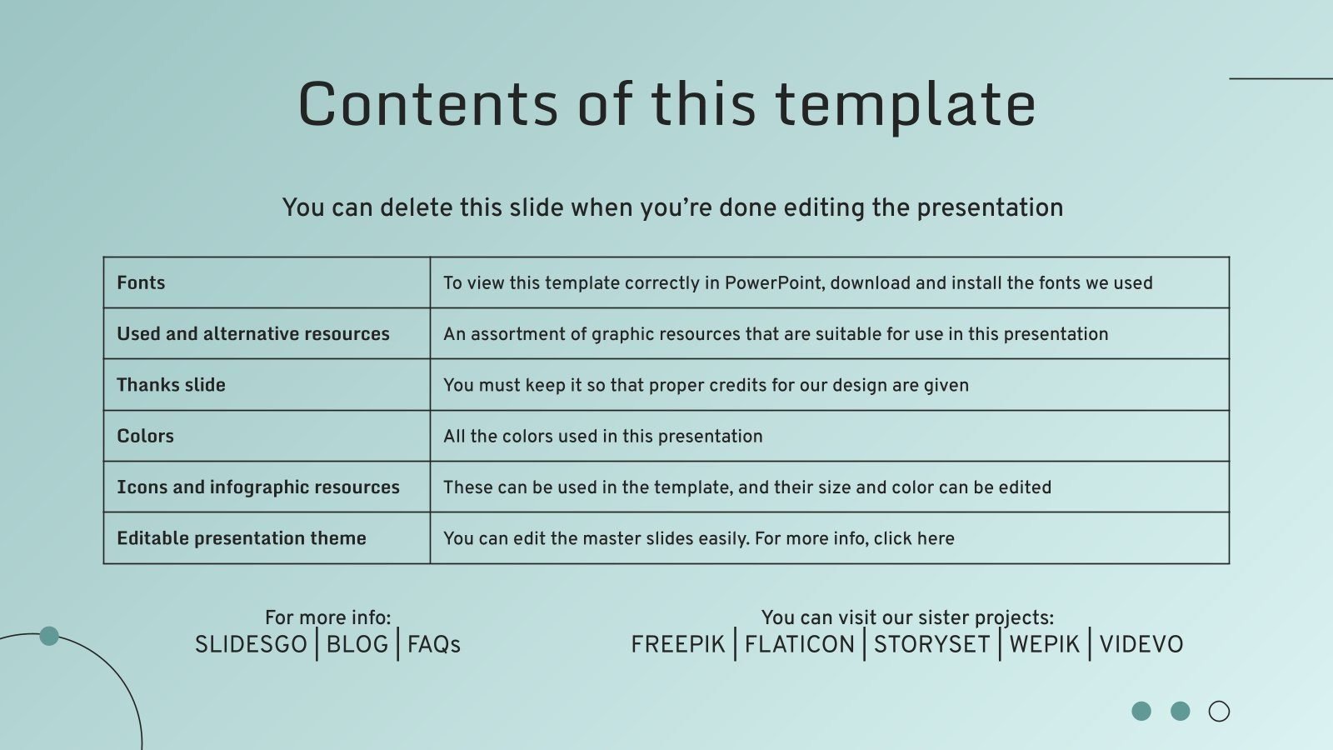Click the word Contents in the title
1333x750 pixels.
427,104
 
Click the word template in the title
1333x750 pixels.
906,106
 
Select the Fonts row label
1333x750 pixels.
141,282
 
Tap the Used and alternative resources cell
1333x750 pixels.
253,333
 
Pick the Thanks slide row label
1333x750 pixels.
171,385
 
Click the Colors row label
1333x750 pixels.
145,436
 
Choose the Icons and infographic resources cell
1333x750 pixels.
258,487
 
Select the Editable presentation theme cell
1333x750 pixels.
242,538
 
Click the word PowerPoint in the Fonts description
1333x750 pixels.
773,282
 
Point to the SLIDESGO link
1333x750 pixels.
251,644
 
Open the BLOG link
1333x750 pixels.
357,644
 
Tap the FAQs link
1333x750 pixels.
434,644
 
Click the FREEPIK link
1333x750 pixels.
678,644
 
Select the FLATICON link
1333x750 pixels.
800,644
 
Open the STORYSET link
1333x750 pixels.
931,644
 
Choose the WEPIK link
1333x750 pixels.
1045,644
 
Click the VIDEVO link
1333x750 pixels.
1141,644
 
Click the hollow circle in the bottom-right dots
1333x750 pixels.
1219,711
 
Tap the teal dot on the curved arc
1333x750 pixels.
49,636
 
